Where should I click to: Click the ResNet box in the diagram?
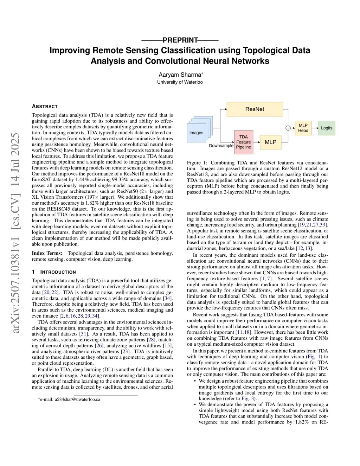pos(255,109)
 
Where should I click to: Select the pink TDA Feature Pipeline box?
pos(243,142)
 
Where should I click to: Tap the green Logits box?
pos(326,128)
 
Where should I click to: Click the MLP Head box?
pos(303,128)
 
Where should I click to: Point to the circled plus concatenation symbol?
pos(288,128)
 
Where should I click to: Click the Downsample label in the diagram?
pos(221,146)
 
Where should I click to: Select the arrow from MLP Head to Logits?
pos(314,128)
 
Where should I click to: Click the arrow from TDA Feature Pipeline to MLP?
pos(256,142)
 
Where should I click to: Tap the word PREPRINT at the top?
pos(180,40)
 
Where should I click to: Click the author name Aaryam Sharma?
pos(180,75)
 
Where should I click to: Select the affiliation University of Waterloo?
pos(180,82)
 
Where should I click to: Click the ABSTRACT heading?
pos(45,106)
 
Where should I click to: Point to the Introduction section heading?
pos(58,272)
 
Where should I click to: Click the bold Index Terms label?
pos(47,253)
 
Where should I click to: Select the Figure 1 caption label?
pos(199,163)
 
